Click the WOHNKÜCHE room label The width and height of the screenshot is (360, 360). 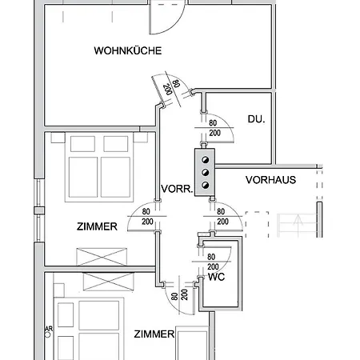[x=128, y=50]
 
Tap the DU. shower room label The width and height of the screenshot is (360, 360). [x=256, y=119]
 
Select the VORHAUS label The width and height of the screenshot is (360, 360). [x=270, y=180]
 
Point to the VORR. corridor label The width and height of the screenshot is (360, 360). [x=177, y=189]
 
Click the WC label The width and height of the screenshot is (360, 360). [x=216, y=277]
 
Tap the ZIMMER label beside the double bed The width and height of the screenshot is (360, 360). [x=97, y=226]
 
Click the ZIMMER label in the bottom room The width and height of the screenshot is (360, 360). [x=154, y=334]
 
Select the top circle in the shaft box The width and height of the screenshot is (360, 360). [x=205, y=160]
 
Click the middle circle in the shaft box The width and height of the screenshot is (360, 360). [x=205, y=173]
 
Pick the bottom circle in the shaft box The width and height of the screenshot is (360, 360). [x=205, y=185]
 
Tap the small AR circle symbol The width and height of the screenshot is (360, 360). [x=47, y=334]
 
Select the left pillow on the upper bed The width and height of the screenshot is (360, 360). [x=82, y=144]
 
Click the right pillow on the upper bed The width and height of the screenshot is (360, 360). [x=116, y=144]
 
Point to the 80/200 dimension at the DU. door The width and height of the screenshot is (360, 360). [x=214, y=128]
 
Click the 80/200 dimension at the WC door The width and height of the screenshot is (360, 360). [x=213, y=262]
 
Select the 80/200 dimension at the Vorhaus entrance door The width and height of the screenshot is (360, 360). [x=222, y=216]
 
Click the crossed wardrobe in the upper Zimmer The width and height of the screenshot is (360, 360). [x=102, y=257]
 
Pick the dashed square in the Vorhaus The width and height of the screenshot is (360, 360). [x=257, y=225]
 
